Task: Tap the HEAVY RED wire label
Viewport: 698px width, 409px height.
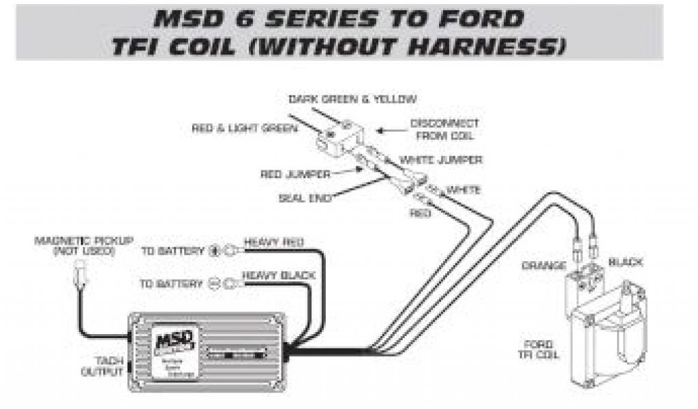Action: (274, 243)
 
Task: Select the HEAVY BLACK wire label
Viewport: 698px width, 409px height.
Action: (279, 276)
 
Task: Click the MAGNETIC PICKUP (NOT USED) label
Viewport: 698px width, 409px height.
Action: (84, 245)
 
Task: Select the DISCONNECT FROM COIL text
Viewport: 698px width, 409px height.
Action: (444, 129)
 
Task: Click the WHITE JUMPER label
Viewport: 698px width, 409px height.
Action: (441, 160)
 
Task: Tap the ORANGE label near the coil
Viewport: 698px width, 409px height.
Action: (543, 264)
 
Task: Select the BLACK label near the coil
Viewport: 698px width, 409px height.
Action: (626, 262)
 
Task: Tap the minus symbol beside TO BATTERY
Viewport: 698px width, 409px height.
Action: (213, 284)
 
